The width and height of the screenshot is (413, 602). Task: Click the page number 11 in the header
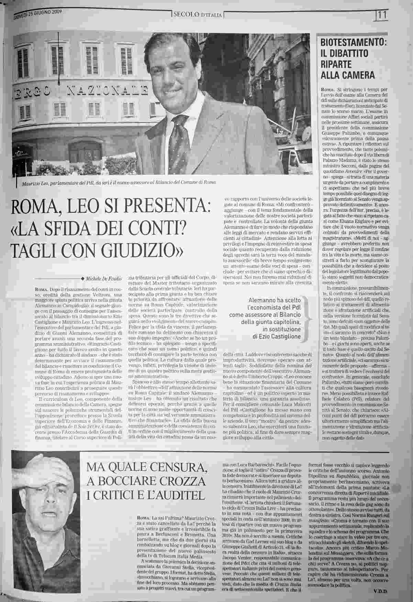pos(382,15)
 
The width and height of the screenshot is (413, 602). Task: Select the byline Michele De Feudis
pos(102,278)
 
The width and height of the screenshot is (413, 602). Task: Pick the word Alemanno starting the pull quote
pos(261,299)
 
